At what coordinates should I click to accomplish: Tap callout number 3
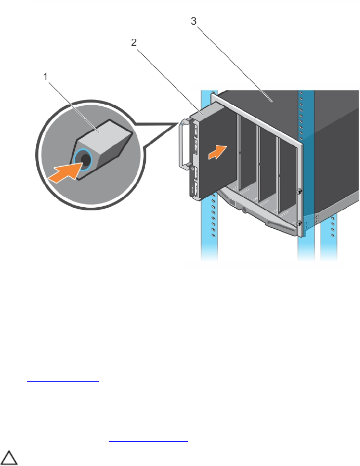(194, 22)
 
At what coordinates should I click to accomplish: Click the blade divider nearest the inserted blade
(239, 153)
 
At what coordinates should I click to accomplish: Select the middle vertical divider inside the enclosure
(258, 163)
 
